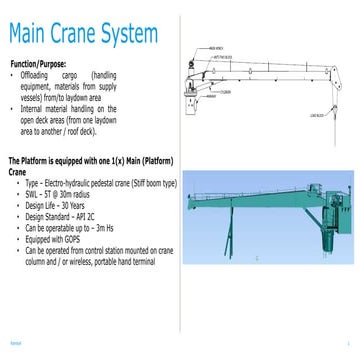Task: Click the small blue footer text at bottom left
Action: click(15, 340)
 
